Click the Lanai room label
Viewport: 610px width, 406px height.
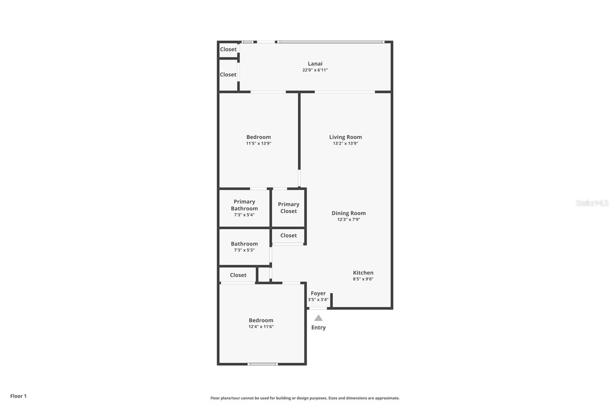pos(315,64)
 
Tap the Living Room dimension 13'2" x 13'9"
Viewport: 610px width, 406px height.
pos(345,144)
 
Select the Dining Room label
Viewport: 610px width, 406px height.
pos(348,213)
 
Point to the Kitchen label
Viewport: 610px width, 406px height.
pos(363,273)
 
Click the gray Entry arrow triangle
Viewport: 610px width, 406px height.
pos(318,318)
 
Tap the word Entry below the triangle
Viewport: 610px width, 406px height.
pos(318,328)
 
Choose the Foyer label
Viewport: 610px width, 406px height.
pos(318,293)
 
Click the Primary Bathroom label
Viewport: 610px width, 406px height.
pos(244,205)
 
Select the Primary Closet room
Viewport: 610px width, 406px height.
pos(288,208)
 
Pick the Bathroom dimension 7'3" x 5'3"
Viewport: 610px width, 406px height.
pos(244,250)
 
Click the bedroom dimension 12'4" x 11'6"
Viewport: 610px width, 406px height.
pos(261,327)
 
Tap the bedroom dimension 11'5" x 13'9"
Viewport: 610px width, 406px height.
pos(258,144)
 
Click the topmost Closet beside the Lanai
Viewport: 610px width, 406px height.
pos(228,50)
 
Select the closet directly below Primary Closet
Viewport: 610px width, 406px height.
pos(288,236)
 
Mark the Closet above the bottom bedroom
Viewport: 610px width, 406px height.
pos(238,275)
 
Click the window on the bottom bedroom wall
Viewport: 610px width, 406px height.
pos(263,364)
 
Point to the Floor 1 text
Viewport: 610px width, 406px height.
pos(18,396)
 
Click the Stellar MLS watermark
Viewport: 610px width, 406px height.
pos(592,203)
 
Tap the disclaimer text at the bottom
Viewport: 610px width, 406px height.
pos(305,398)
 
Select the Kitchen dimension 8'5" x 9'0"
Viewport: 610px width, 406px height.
pos(363,279)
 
